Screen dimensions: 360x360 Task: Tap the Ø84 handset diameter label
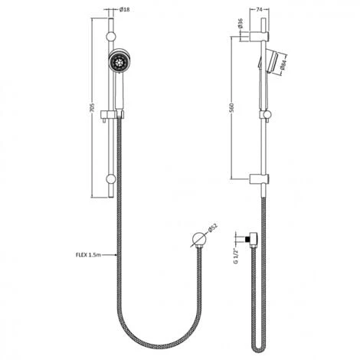tap(282, 66)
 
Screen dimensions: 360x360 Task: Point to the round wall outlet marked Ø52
tap(198, 239)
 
